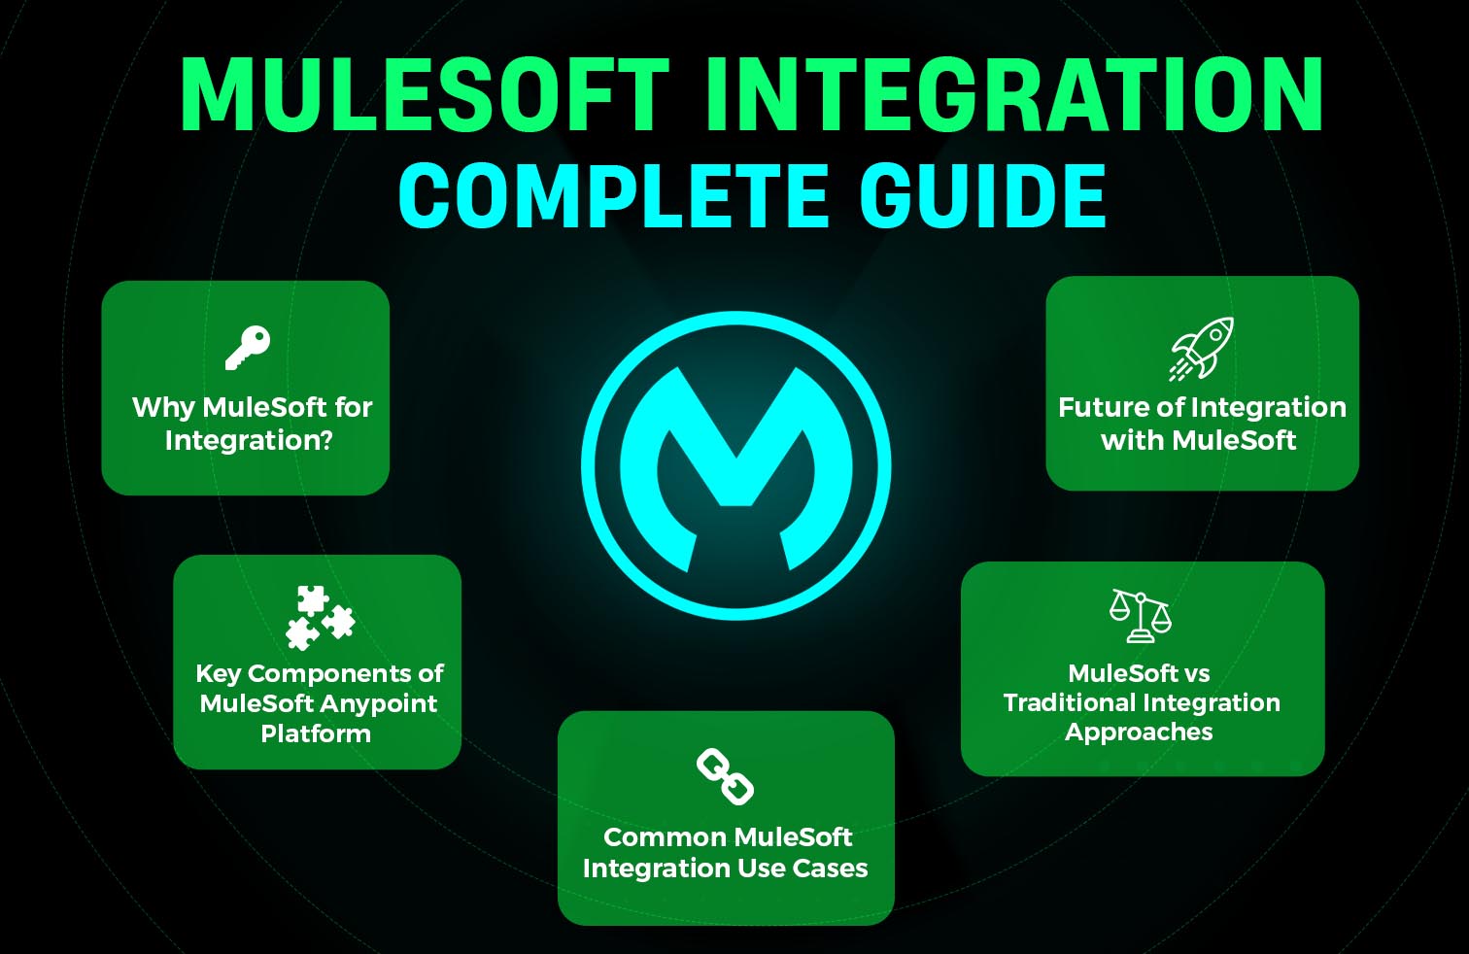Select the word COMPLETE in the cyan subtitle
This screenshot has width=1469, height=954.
click(x=614, y=196)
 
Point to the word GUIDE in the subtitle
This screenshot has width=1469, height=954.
click(x=982, y=196)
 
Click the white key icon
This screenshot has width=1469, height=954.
click(x=247, y=347)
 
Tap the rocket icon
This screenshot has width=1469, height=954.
click(x=1201, y=348)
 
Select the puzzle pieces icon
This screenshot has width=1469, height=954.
click(x=320, y=618)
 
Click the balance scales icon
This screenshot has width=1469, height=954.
click(x=1141, y=615)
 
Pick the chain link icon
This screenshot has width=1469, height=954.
click(x=725, y=776)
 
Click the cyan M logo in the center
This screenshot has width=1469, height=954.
click(x=735, y=466)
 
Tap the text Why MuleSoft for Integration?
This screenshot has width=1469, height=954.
click(x=251, y=424)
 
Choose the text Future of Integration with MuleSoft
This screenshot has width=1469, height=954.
click(x=1201, y=424)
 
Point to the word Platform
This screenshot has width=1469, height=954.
click(x=316, y=733)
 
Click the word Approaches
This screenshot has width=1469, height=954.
click(x=1139, y=733)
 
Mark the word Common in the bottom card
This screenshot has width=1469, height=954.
click(x=664, y=836)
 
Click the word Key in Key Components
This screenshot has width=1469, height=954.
click(x=218, y=673)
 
